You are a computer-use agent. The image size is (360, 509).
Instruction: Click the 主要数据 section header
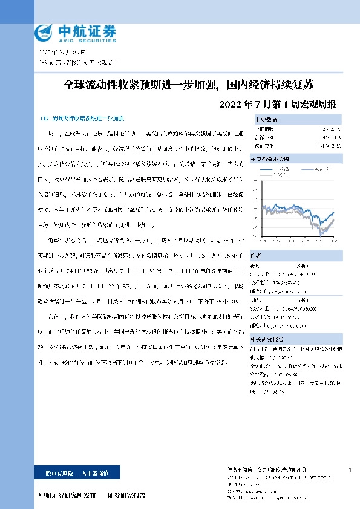coord(267,120)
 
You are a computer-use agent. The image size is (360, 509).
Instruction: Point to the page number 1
coord(350,470)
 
